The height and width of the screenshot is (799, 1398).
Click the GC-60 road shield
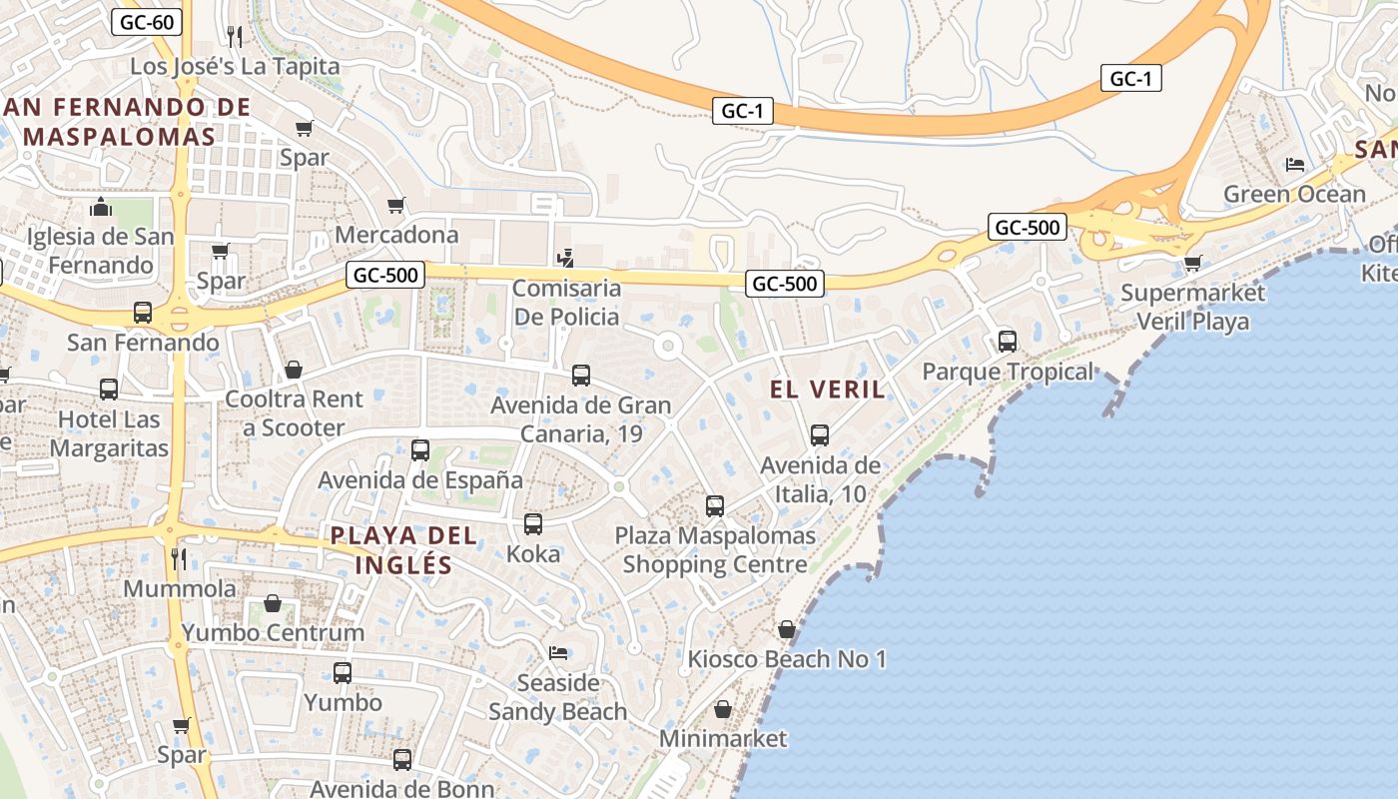pos(147,22)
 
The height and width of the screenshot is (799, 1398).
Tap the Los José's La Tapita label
pos(236,67)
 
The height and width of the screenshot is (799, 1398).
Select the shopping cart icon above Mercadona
pos(396,206)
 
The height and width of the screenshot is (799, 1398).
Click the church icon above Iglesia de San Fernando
pos(100,207)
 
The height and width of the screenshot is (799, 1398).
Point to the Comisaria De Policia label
pos(566,303)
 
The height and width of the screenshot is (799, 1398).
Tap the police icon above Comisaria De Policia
pos(565,259)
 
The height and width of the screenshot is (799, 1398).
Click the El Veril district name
pos(828,390)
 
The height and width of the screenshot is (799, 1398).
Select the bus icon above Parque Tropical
pos(1007,342)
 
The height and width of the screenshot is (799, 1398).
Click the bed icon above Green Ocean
pos(1295,165)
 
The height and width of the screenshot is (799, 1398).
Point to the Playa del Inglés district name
pos(403,549)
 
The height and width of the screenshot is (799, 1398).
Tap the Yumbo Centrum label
pos(273,633)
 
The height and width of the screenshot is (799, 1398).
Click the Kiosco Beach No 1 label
pos(787,659)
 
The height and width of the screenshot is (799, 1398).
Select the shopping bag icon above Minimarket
pos(723,710)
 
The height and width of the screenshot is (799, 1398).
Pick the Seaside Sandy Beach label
pos(557,697)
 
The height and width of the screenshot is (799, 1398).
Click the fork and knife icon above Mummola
pos(179,558)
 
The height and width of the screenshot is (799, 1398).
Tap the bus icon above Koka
pos(533,523)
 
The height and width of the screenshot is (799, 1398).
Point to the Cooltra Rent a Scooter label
pos(295,413)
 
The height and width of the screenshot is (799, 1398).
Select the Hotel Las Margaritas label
pos(109,433)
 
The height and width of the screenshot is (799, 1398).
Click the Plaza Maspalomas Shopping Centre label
pos(715,550)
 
